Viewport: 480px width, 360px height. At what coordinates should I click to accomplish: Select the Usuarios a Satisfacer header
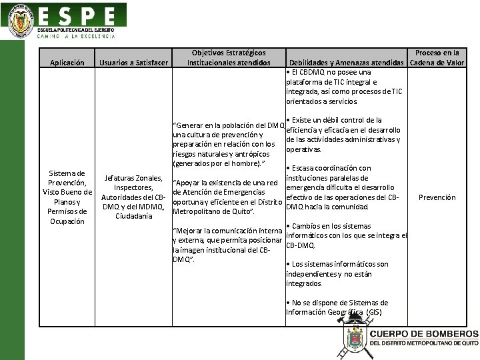(133, 63)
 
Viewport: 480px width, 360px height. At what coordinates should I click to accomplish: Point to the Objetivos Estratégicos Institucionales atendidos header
(229, 58)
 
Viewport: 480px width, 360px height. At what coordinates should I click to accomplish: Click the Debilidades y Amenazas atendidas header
(347, 63)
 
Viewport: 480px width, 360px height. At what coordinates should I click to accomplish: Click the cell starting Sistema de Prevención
(67, 197)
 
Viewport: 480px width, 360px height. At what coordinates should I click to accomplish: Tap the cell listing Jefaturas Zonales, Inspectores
(133, 197)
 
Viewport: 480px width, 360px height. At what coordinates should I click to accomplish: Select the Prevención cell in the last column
(437, 197)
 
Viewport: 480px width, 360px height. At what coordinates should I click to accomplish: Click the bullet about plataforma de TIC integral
(344, 87)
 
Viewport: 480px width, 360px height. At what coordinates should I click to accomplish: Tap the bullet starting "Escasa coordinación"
(344, 187)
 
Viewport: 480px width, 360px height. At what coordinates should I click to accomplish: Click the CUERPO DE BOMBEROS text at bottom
(423, 334)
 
